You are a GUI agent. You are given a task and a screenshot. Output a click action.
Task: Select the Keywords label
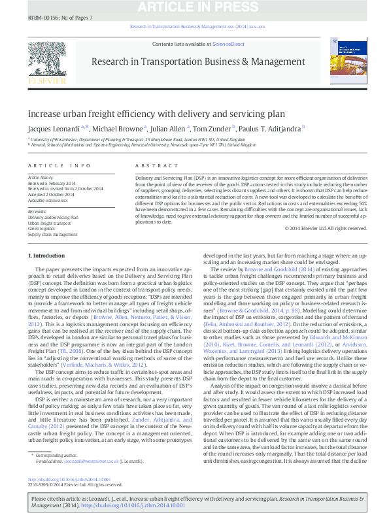coord(37,212)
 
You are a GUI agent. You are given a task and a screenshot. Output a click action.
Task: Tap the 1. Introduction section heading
coord(47,255)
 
